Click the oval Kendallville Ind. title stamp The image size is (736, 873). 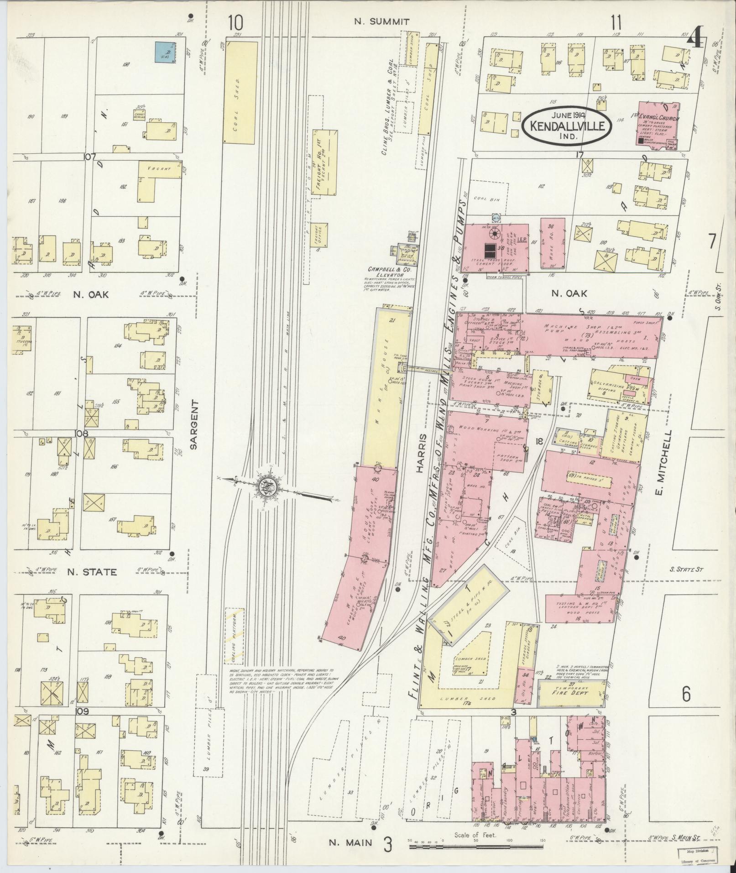pos(567,125)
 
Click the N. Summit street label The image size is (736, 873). pos(382,21)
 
